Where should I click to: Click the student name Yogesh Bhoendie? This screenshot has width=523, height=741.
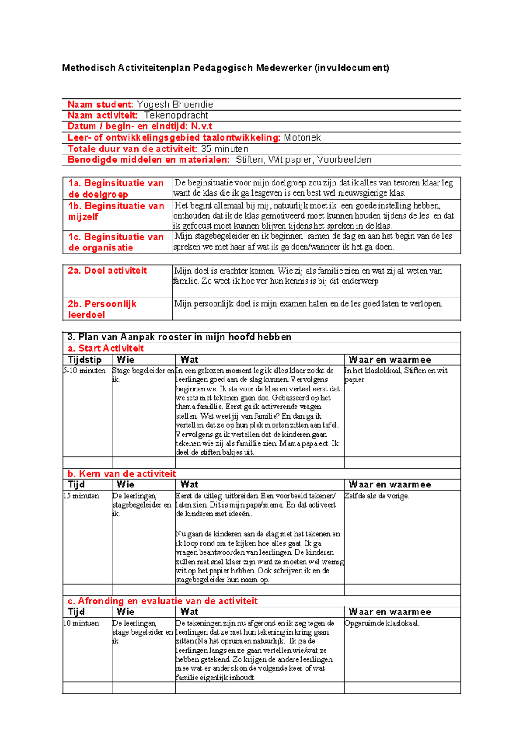pyautogui.click(x=175, y=105)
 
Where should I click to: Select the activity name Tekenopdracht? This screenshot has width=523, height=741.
pyautogui.click(x=176, y=116)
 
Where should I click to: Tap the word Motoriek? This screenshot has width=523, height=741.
pyautogui.click(x=302, y=138)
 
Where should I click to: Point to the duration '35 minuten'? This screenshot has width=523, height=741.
pyautogui.click(x=224, y=149)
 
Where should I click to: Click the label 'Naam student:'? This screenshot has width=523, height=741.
pyautogui.click(x=100, y=105)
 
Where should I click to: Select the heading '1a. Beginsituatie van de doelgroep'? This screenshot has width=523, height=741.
pyautogui.click(x=115, y=189)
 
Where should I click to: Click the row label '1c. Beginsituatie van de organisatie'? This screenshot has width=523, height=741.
pyautogui.click(x=115, y=242)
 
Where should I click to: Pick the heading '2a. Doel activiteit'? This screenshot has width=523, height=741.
pyautogui.click(x=107, y=271)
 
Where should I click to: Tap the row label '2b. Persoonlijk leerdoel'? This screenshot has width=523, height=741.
pyautogui.click(x=102, y=309)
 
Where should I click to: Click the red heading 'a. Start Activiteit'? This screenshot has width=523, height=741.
pyautogui.click(x=105, y=348)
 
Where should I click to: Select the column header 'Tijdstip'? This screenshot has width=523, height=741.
pyautogui.click(x=85, y=360)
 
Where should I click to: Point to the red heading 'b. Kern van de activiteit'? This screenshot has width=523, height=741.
pyautogui.click(x=122, y=474)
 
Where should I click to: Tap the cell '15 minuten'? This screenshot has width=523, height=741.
pyautogui.click(x=82, y=496)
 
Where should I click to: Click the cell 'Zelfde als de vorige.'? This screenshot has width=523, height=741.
pyautogui.click(x=377, y=496)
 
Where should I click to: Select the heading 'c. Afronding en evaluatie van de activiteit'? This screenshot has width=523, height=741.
pyautogui.click(x=163, y=601)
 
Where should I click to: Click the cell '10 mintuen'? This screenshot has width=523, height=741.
pyautogui.click(x=82, y=624)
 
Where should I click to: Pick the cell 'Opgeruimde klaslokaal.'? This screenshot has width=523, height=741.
pyautogui.click(x=382, y=624)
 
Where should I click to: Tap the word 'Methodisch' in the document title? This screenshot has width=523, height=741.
pyautogui.click(x=88, y=68)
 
